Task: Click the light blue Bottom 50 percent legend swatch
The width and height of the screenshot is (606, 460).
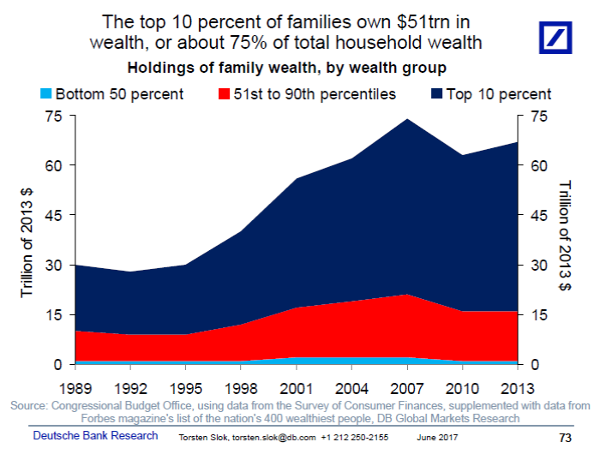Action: (45, 93)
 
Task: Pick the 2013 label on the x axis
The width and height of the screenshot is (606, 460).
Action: (517, 386)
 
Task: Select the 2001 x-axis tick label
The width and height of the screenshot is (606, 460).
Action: (295, 386)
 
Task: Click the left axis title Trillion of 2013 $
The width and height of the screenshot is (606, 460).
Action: (27, 241)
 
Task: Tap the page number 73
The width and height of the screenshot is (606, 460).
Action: (564, 438)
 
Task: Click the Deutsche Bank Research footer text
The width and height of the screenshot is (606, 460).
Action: (95, 436)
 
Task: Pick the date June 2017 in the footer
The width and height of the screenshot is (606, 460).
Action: (437, 438)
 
